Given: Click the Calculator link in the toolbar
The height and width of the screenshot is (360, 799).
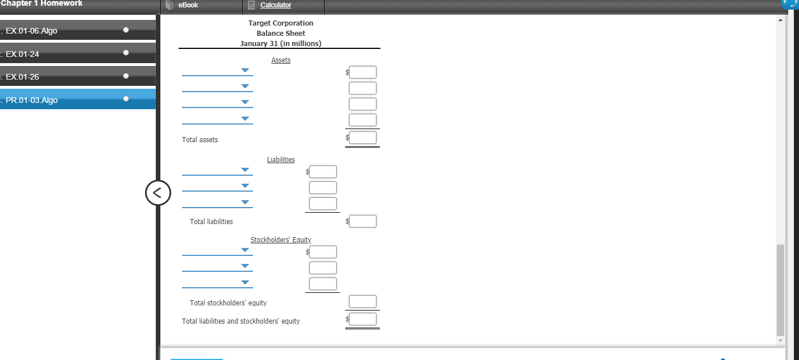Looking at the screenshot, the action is click(x=275, y=5).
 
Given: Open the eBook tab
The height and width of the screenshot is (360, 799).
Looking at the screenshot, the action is click(x=188, y=5).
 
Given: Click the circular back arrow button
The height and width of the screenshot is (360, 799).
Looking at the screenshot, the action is click(x=158, y=193).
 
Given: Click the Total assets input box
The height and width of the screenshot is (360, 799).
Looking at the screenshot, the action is click(x=362, y=138).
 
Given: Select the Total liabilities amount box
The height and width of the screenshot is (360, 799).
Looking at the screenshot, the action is click(x=362, y=221).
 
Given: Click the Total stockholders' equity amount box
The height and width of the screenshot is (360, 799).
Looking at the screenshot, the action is click(x=362, y=301).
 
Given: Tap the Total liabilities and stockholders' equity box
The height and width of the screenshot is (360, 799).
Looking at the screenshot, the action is click(x=362, y=319).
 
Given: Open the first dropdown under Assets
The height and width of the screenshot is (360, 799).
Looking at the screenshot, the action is click(x=217, y=71).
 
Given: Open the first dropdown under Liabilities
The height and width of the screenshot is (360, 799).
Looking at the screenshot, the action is click(x=217, y=170).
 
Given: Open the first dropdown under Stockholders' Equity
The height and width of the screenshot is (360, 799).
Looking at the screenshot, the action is click(x=217, y=250).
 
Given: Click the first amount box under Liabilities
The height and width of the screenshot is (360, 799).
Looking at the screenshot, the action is click(x=323, y=172).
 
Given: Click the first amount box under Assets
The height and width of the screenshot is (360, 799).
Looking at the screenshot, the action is click(x=362, y=72).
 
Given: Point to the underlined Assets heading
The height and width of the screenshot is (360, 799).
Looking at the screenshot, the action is click(x=281, y=60).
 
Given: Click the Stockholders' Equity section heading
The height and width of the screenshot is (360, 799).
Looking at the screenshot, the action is click(x=281, y=240).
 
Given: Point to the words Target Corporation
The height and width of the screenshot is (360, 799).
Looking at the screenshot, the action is click(x=281, y=23).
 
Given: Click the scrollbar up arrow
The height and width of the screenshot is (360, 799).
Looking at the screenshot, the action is click(x=780, y=20).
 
